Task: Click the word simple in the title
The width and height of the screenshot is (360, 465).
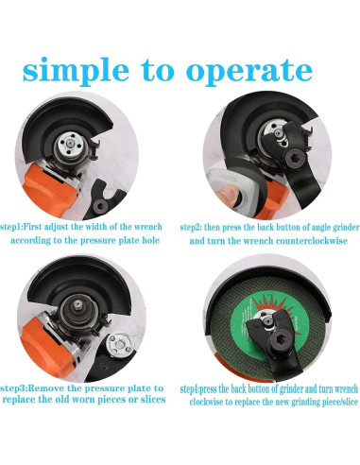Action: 76,70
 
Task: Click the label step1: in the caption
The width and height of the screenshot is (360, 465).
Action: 12,227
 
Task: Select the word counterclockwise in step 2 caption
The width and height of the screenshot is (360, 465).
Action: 312,241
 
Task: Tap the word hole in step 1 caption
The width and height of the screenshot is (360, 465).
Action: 150,240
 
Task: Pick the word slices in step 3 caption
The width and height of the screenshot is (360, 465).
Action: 153,400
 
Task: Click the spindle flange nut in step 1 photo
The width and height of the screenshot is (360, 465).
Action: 70,145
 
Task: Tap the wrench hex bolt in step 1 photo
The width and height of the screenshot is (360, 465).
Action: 101,206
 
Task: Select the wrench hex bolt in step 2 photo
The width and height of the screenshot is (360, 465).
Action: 294,158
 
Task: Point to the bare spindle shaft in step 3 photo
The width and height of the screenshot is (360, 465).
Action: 77,303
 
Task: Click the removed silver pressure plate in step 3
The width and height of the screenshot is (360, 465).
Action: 120,345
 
